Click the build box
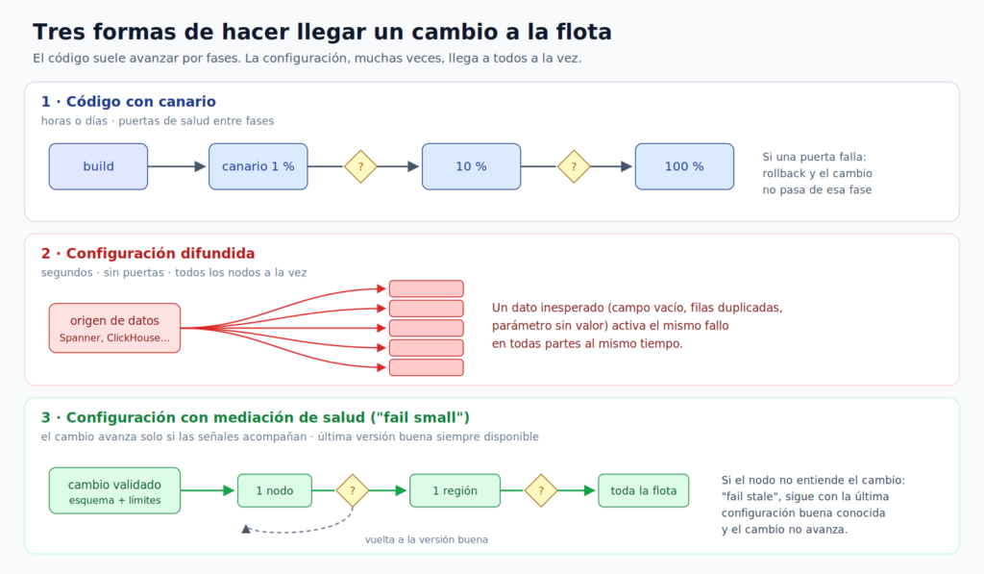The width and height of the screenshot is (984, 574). (x=99, y=166)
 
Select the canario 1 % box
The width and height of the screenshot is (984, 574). (x=258, y=166)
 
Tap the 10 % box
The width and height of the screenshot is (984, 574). (x=471, y=166)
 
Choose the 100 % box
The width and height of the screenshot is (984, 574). (x=684, y=166)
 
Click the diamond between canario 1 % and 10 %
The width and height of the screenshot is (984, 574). (x=361, y=166)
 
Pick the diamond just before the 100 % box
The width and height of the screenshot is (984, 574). (x=574, y=166)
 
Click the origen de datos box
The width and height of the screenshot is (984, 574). (x=115, y=328)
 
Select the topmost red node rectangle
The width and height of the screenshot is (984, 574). (x=426, y=288)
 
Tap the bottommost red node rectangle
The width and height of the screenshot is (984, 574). (x=426, y=367)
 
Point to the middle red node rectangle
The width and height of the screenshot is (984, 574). (x=426, y=328)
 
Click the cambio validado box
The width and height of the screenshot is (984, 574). (x=115, y=490)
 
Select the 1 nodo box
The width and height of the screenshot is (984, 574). (x=275, y=490)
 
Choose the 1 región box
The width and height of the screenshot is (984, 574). (x=455, y=490)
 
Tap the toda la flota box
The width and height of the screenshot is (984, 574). (x=643, y=490)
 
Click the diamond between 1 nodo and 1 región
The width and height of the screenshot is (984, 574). (x=353, y=490)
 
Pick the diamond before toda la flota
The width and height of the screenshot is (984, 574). (x=541, y=490)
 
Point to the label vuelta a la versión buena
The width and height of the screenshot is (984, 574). (x=426, y=539)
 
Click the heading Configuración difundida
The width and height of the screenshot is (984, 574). (x=160, y=253)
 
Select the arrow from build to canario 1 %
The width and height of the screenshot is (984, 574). (x=177, y=166)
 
